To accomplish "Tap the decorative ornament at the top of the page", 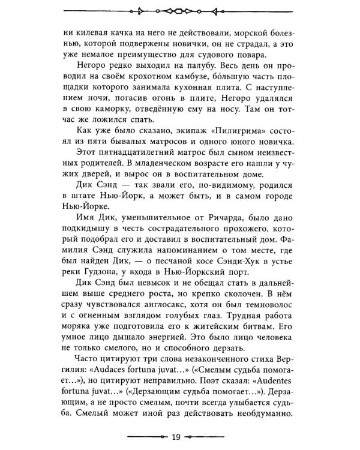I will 180,10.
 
